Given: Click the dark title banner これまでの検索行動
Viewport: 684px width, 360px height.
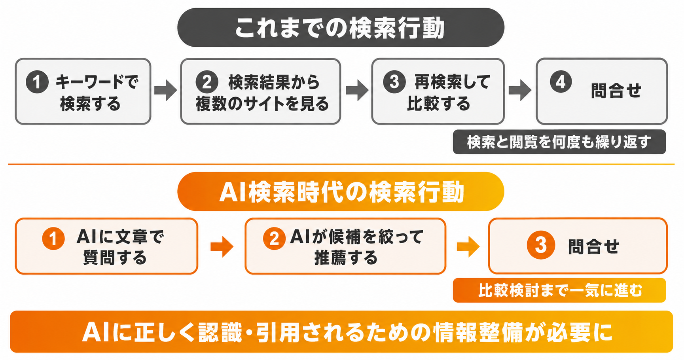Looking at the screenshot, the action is click(x=341, y=28).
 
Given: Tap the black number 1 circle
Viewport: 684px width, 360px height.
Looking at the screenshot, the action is click(x=37, y=82).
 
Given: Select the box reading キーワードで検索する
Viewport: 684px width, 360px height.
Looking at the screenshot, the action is click(x=83, y=91).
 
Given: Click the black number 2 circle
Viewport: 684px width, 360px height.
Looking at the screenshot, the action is click(x=207, y=82).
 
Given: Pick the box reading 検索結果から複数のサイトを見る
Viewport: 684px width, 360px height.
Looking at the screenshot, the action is click(x=261, y=91).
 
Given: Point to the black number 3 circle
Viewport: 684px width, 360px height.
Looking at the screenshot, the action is click(x=394, y=82).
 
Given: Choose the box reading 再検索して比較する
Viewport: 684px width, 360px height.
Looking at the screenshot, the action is click(x=438, y=91).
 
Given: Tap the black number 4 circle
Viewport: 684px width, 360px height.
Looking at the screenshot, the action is click(x=561, y=81).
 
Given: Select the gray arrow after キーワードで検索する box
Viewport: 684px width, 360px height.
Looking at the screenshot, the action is click(x=166, y=91).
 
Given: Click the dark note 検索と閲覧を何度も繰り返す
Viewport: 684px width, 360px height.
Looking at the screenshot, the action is click(x=559, y=142).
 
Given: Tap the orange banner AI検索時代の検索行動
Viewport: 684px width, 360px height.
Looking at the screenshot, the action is click(x=341, y=191).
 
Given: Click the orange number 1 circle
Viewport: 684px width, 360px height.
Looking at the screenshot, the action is click(x=53, y=239).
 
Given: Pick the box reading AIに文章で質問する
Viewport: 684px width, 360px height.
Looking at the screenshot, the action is click(x=106, y=246).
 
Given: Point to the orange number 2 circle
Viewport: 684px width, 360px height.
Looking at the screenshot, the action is click(x=274, y=239).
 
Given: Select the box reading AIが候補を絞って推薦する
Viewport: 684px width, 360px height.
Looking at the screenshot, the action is click(x=345, y=246).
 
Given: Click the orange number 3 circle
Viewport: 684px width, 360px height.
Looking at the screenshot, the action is click(x=541, y=245).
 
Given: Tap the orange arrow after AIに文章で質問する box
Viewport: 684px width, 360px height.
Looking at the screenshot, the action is click(x=222, y=247).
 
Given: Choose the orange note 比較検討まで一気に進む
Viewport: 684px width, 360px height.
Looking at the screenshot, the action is click(x=559, y=290).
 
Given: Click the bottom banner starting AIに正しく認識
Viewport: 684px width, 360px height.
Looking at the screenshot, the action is click(x=341, y=332).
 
